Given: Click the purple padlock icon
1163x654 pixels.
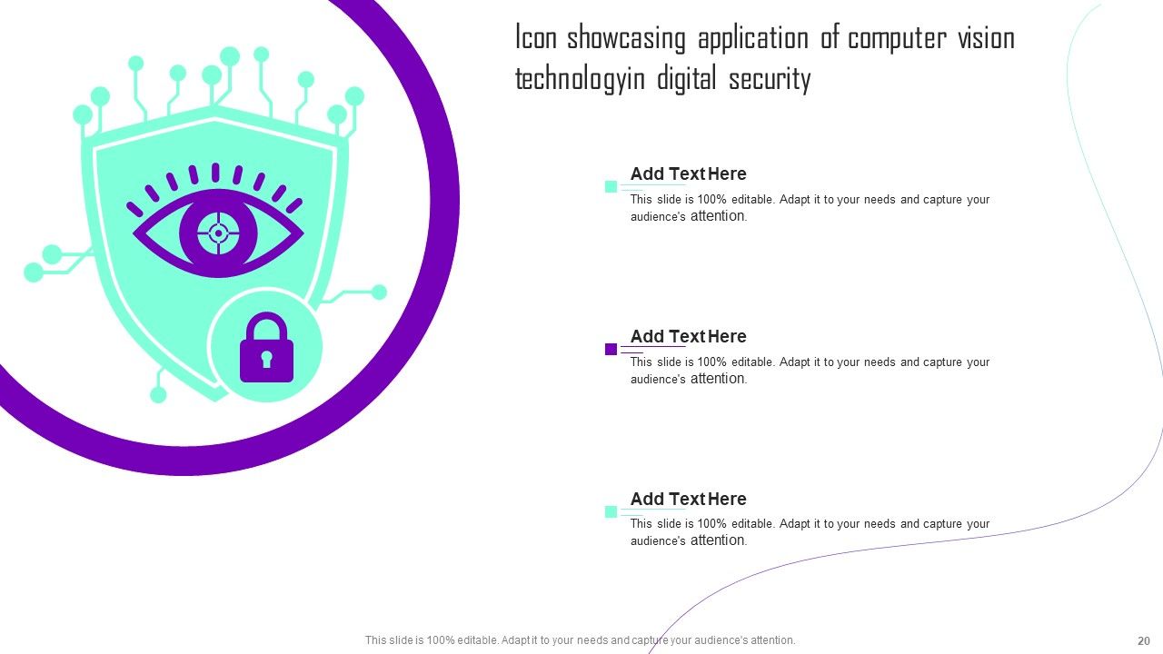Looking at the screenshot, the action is click(266, 347).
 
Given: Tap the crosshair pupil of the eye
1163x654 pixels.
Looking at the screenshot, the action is click(219, 233).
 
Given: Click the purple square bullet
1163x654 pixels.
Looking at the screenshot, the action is click(611, 349).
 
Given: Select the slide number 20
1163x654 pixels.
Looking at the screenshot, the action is click(1144, 640).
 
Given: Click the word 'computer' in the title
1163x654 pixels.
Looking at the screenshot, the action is click(897, 38).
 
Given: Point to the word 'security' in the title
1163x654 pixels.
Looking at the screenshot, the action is click(770, 79).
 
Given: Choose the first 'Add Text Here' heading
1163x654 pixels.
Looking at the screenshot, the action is click(689, 173).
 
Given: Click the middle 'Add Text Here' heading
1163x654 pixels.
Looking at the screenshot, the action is click(689, 336).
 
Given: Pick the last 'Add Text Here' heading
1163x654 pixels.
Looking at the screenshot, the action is click(689, 499).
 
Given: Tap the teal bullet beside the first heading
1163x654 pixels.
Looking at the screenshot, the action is click(611, 186).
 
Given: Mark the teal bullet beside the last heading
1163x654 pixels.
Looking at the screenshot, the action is click(611, 511).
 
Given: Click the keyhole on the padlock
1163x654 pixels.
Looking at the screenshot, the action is click(266, 358).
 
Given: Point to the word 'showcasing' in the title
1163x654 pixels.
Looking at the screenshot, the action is click(626, 38).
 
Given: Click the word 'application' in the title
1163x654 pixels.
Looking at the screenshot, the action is click(753, 38).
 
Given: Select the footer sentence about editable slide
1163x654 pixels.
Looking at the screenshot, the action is click(580, 640).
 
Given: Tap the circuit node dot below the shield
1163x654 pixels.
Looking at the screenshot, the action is click(158, 395).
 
